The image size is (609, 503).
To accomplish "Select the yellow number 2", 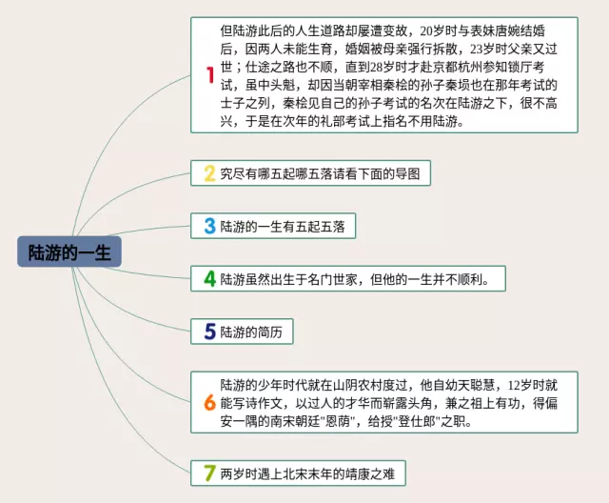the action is [209, 173].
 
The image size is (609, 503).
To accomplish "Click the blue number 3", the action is [209, 226].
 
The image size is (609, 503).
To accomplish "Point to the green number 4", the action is [209, 279].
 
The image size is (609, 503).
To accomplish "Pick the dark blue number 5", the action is [209, 332].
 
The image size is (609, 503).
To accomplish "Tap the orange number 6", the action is [209, 402].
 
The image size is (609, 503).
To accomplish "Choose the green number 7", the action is [209, 472].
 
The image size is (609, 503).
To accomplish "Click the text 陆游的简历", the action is [250, 332].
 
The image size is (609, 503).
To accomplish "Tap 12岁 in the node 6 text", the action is [520, 385].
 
